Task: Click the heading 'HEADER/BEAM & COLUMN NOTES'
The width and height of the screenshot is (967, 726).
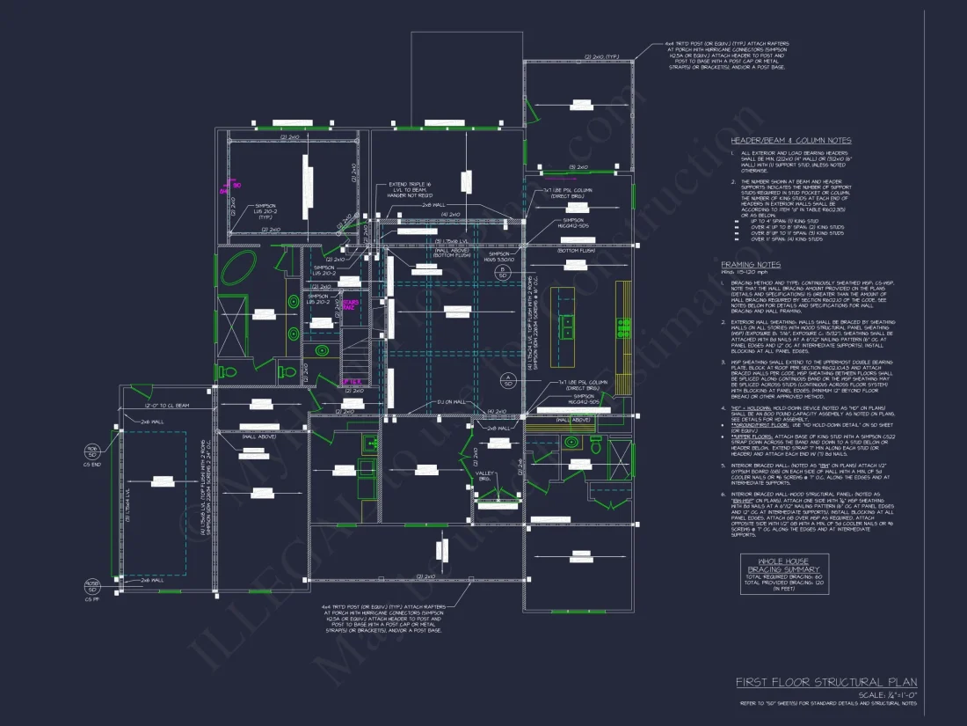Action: pos(790,141)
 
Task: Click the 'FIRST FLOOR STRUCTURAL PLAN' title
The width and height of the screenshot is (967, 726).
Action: pos(826,682)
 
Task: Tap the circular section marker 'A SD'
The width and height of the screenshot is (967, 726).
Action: pos(507,380)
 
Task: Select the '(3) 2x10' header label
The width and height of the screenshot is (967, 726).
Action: pos(578,167)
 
